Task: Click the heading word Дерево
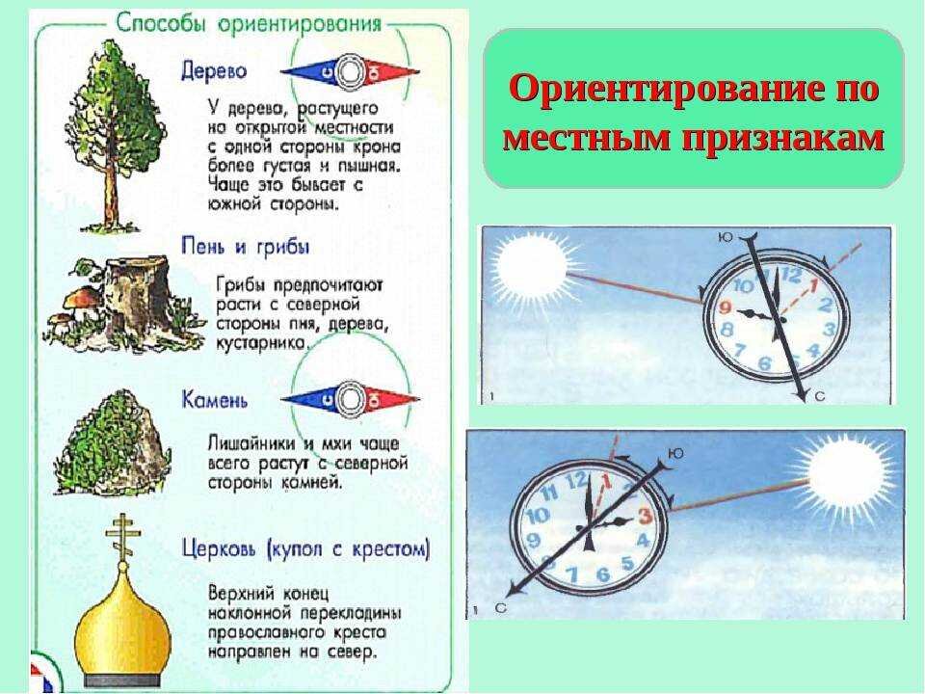coord(214,71)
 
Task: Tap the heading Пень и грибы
coord(245,247)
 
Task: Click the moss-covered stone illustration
coord(115,443)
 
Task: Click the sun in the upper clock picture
coord(529,264)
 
